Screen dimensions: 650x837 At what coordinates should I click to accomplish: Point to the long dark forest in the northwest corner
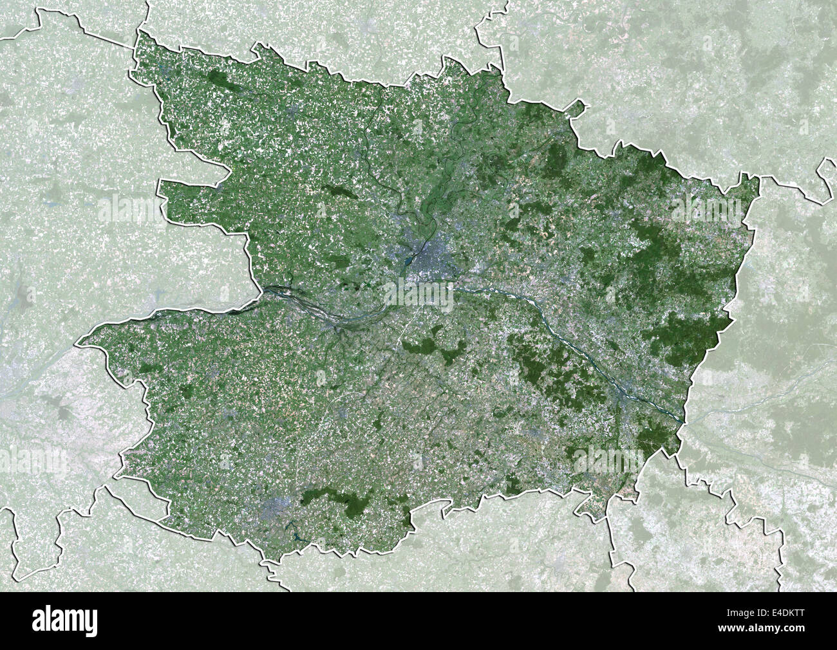[222, 80]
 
